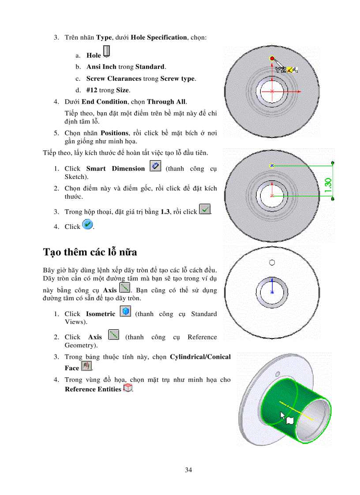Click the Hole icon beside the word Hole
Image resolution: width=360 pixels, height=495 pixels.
106,52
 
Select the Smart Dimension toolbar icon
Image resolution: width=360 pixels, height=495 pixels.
155,167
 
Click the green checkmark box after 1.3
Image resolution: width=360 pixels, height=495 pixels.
205,209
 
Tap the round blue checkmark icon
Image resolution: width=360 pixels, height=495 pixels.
88,225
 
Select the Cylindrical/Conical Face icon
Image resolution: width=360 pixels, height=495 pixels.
87,366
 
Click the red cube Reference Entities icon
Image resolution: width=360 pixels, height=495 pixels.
128,388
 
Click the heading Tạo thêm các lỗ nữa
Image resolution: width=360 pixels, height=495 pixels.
90,252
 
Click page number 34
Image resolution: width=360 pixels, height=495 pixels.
188,470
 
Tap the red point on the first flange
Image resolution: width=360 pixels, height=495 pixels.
272,59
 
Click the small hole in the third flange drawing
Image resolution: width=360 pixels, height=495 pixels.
272,262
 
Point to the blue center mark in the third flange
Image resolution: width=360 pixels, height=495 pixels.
272,292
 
